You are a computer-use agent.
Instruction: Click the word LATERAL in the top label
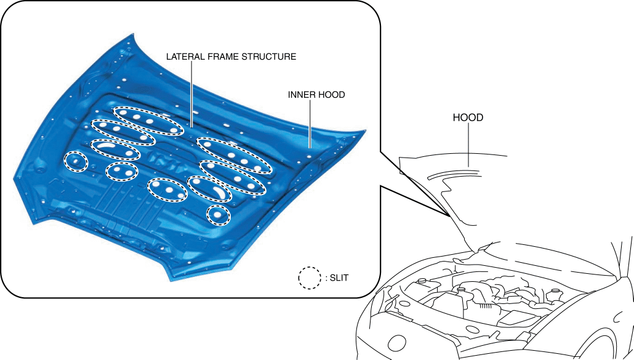183,57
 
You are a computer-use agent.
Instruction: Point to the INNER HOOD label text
316,95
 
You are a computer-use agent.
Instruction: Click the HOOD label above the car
468,118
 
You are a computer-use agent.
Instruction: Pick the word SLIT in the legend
339,278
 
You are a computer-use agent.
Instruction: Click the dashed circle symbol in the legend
310,278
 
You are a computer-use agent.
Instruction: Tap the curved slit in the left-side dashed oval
105,146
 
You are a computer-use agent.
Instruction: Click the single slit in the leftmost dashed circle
76,161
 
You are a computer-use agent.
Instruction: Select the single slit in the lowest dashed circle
218,215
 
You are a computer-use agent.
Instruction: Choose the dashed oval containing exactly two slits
121,172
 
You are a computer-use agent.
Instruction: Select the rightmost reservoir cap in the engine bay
555,292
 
